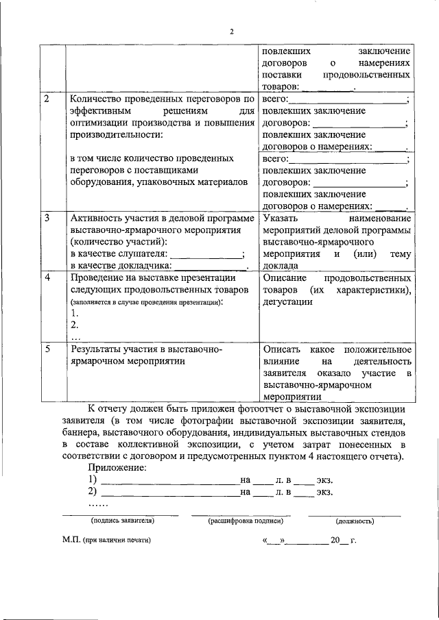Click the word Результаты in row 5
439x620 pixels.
coord(99,349)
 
